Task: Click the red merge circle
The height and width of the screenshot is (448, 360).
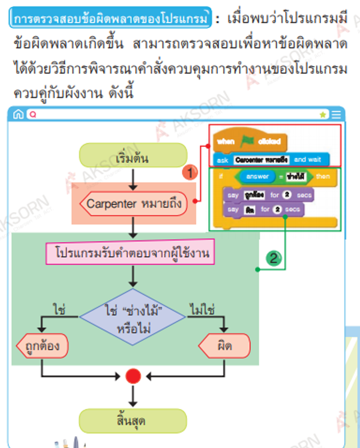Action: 133,376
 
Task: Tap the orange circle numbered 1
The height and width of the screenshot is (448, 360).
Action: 190,173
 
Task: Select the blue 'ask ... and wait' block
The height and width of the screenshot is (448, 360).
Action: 271,160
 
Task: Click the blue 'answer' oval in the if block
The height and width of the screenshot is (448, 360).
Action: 257,177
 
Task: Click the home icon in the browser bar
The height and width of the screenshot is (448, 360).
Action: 18,114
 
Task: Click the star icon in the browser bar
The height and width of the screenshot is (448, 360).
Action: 323,114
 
